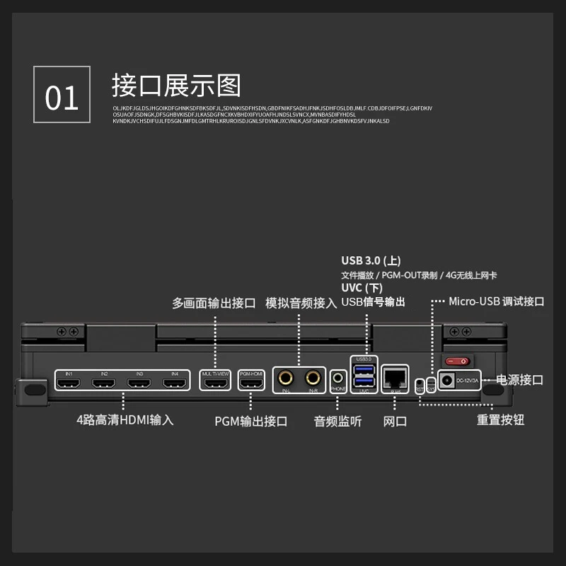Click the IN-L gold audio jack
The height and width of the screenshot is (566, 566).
[x=287, y=378]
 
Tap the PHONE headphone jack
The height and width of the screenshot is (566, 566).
[x=337, y=379]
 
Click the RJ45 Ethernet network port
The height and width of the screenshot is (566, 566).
[x=393, y=377]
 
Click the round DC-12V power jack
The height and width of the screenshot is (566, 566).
[x=447, y=380]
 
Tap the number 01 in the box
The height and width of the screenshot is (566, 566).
[x=62, y=98]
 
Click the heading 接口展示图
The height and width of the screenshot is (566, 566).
[x=176, y=86]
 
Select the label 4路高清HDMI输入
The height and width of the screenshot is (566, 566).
[x=125, y=420]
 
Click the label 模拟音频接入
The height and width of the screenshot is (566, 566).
[x=301, y=303]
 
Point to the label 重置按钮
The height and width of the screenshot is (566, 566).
[x=500, y=420]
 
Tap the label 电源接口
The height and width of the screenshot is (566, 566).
[x=520, y=380]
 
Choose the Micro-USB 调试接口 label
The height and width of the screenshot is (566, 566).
[x=496, y=301]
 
